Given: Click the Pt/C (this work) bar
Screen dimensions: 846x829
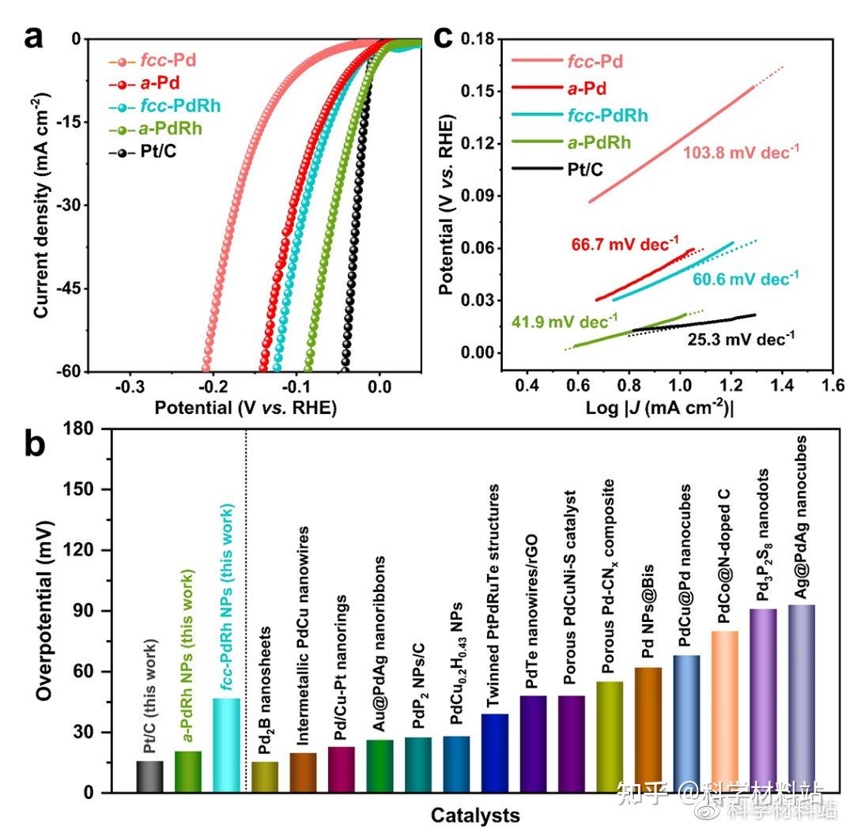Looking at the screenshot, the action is (149, 777).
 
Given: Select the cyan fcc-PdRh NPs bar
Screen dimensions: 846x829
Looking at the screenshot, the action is (227, 745).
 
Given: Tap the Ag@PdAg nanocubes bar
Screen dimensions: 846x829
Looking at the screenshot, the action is (802, 699).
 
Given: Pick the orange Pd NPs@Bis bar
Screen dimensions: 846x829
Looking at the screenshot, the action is (648, 730).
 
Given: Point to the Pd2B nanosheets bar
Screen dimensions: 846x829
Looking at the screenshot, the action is (265, 777).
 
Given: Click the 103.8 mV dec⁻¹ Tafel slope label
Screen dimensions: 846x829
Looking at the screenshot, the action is (741, 152).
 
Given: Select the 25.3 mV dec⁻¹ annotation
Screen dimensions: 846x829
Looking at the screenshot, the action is (741, 339).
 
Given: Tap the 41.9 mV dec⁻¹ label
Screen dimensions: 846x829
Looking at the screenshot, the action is (565, 322).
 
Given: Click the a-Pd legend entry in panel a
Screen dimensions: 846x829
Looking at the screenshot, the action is (144, 84).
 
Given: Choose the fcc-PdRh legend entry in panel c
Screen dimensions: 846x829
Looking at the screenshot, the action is (580, 115).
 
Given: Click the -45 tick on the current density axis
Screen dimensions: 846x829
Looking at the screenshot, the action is (69, 288).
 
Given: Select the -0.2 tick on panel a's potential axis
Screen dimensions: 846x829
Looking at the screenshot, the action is (213, 386).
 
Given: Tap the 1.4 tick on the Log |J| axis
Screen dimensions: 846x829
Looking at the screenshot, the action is (782, 385).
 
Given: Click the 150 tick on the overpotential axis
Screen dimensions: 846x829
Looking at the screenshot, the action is (78, 488).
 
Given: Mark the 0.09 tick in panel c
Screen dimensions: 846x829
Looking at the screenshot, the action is (478, 195).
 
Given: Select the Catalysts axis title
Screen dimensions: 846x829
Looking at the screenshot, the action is (475, 815).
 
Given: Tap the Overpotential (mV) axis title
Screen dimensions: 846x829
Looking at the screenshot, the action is (45, 611).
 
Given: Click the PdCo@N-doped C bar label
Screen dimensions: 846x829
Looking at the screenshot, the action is (724, 556).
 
